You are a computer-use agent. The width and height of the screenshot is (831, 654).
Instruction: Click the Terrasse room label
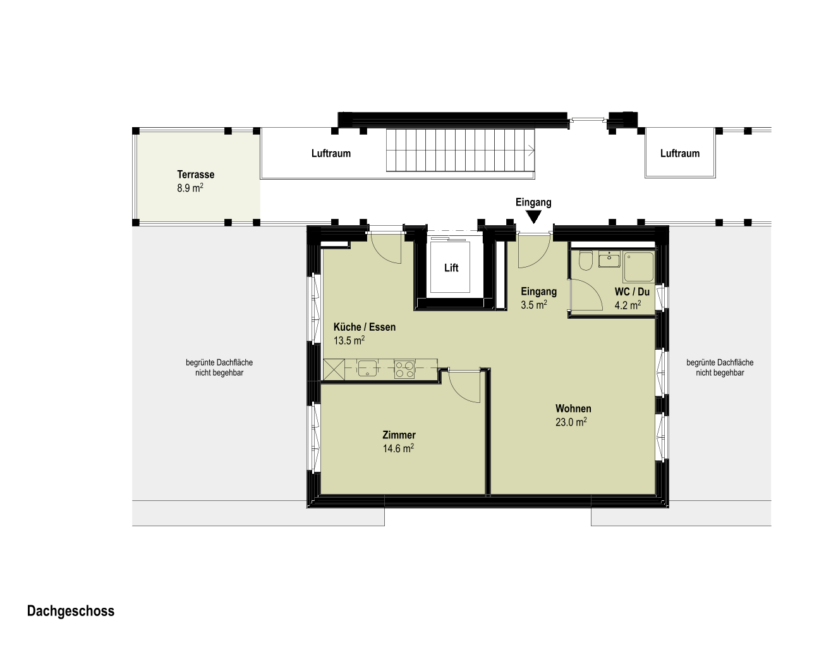pos(195,175)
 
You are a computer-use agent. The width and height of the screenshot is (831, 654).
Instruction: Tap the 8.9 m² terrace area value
pos(190,188)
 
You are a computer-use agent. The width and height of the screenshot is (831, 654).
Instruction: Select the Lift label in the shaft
pos(451,268)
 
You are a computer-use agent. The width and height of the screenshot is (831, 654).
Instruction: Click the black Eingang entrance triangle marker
pos(533,217)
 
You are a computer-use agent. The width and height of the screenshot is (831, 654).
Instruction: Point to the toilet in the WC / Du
pos(585,260)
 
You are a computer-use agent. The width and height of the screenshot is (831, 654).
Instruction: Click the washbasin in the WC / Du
pos(609,259)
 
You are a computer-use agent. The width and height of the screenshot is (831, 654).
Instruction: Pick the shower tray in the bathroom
pos(638,267)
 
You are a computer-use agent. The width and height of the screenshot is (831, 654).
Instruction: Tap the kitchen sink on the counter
pos(367,368)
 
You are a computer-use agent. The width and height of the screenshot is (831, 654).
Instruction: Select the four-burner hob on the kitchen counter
pos(404,369)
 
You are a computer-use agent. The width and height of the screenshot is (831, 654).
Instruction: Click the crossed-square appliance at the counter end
pos(334,369)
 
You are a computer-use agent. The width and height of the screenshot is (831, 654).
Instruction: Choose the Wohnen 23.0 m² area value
pos(571,422)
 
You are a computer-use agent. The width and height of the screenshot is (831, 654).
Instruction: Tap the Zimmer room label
pos(399,435)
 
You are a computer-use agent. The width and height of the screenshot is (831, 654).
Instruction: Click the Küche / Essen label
pos(365,327)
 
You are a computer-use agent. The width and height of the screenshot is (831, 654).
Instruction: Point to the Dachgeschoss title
pos(71,611)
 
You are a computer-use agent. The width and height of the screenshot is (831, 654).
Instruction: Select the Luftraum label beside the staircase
pos(331,154)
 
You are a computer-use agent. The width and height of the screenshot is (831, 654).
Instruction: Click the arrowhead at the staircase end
pos(532,152)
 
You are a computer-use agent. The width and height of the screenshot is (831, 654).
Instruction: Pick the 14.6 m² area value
pos(399,448)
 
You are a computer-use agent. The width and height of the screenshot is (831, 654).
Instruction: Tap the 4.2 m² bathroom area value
pos(628,305)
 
